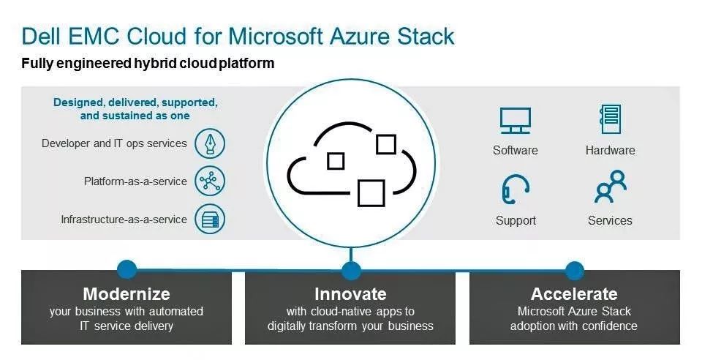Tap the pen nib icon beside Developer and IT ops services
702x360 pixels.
click(x=210, y=143)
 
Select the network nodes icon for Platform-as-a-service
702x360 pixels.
click(x=210, y=181)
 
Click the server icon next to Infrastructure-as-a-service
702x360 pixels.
click(x=210, y=220)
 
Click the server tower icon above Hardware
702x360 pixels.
click(x=610, y=119)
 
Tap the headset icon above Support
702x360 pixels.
click(x=515, y=190)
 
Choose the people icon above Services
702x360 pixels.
click(x=610, y=188)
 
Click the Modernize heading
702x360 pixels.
click(x=127, y=294)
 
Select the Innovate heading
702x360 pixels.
click(x=350, y=294)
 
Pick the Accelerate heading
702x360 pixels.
click(x=574, y=294)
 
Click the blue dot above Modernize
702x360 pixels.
click(x=127, y=269)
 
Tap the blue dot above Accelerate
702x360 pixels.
click(x=575, y=270)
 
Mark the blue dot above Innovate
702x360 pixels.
click(x=351, y=271)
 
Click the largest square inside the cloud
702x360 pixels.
click(x=371, y=192)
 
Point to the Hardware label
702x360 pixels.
click(x=610, y=151)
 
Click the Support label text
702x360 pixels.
click(x=516, y=220)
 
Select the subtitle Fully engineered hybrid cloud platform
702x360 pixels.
click(x=148, y=64)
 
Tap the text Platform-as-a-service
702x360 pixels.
click(x=135, y=181)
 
